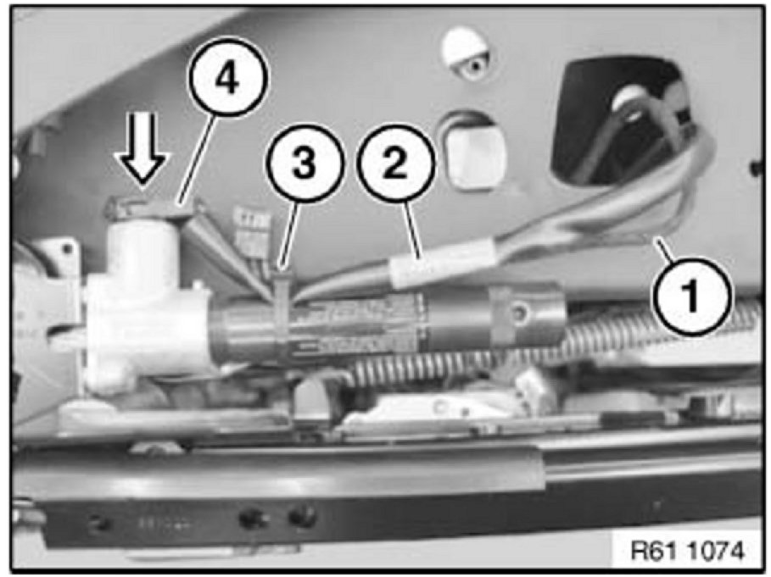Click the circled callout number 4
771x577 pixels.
pyautogui.click(x=227, y=80)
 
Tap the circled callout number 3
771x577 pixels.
pyautogui.click(x=304, y=163)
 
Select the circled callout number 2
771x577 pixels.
pyautogui.click(x=396, y=163)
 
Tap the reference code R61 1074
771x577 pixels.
pyautogui.click(x=687, y=551)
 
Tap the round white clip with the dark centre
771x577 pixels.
pyautogui.click(x=467, y=54)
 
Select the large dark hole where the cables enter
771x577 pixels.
pyautogui.click(x=624, y=123)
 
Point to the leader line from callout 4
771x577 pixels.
pyautogui.click(x=196, y=158)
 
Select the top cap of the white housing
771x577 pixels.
pyautogui.click(x=148, y=208)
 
